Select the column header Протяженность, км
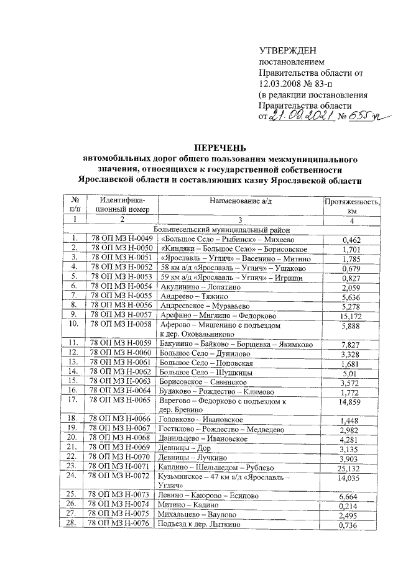[x=352, y=206]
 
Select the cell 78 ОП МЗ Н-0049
[x=121, y=238]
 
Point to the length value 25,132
[x=351, y=466]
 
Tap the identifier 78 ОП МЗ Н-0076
[x=121, y=524]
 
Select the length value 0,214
[x=351, y=505]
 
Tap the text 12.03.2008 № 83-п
[x=298, y=84]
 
